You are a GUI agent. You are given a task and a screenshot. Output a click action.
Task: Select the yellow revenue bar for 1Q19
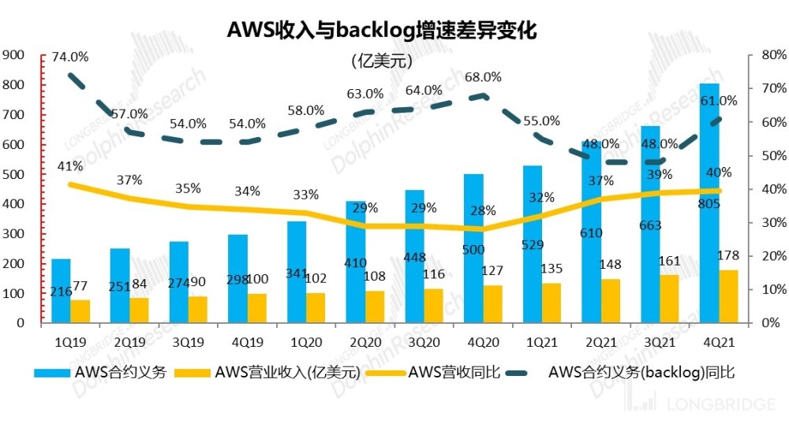click(x=80, y=311)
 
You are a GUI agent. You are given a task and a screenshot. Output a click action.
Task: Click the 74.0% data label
click(x=70, y=57)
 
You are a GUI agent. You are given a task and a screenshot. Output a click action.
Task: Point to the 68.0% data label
click(x=483, y=77)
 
